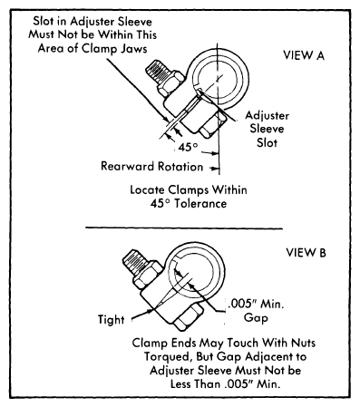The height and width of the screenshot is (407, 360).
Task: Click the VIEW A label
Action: click(304, 55)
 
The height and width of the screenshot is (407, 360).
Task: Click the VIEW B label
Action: click(306, 253)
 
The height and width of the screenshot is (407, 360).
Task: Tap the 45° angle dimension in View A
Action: click(188, 148)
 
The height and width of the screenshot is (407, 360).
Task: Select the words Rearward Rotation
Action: click(151, 167)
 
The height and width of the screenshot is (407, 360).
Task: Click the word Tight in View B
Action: click(111, 320)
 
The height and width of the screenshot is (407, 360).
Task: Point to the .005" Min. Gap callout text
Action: click(256, 311)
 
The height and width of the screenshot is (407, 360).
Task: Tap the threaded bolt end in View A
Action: click(156, 72)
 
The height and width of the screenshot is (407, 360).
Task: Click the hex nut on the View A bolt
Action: click(170, 83)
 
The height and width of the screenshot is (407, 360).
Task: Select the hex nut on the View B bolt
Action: click(148, 274)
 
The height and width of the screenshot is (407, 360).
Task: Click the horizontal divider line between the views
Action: click(184, 228)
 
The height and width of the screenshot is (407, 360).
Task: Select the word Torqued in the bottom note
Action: click(168, 357)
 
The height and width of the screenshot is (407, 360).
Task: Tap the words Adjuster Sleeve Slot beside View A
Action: click(267, 129)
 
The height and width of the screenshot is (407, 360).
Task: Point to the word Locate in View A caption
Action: click(148, 190)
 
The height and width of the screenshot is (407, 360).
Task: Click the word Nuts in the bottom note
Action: click(303, 344)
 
